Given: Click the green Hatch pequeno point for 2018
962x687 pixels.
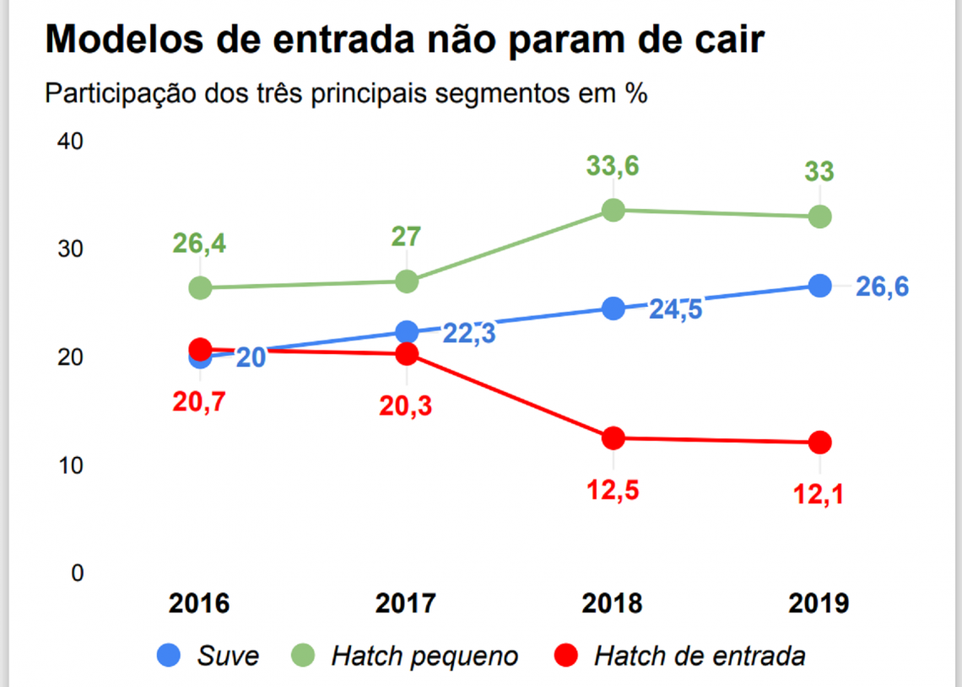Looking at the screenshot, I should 613,210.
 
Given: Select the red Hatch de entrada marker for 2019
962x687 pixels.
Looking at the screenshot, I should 819,442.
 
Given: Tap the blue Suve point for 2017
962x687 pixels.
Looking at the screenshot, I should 407,331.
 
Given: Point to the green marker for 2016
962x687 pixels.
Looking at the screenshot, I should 200,287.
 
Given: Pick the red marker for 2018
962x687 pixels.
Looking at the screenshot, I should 613,437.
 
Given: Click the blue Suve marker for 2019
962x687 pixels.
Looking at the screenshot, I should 819,286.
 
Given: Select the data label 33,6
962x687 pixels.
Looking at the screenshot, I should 613,166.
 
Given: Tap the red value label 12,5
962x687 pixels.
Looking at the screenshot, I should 613,489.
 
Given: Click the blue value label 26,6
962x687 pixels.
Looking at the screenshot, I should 882,287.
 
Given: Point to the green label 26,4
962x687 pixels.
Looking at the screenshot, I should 201,244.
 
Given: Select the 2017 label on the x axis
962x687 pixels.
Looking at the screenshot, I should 406,604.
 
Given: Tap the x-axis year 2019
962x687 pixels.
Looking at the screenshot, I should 819,604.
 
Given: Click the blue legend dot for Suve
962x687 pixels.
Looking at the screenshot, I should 170,655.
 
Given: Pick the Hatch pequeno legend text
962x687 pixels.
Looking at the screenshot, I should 424,656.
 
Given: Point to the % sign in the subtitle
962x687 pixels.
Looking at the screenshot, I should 635,93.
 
